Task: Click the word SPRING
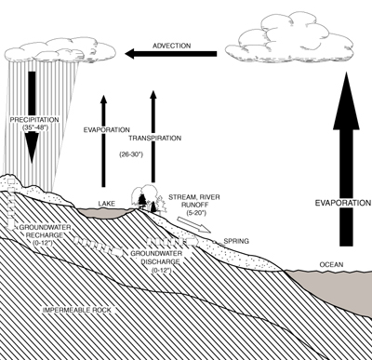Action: [x=236, y=239]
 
